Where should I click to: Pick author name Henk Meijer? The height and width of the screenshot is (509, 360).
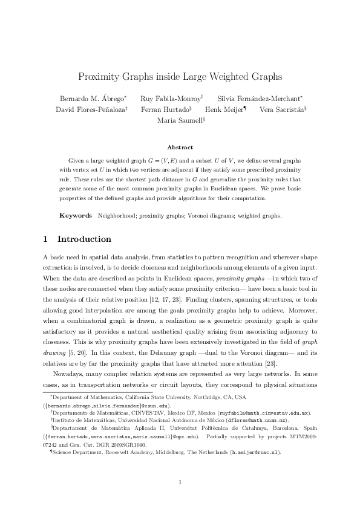tap(223, 109)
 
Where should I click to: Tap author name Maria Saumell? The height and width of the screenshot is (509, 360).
tap(180, 120)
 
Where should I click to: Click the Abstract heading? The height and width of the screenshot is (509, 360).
tap(180, 147)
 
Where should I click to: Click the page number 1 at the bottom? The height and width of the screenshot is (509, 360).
tap(180, 481)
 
